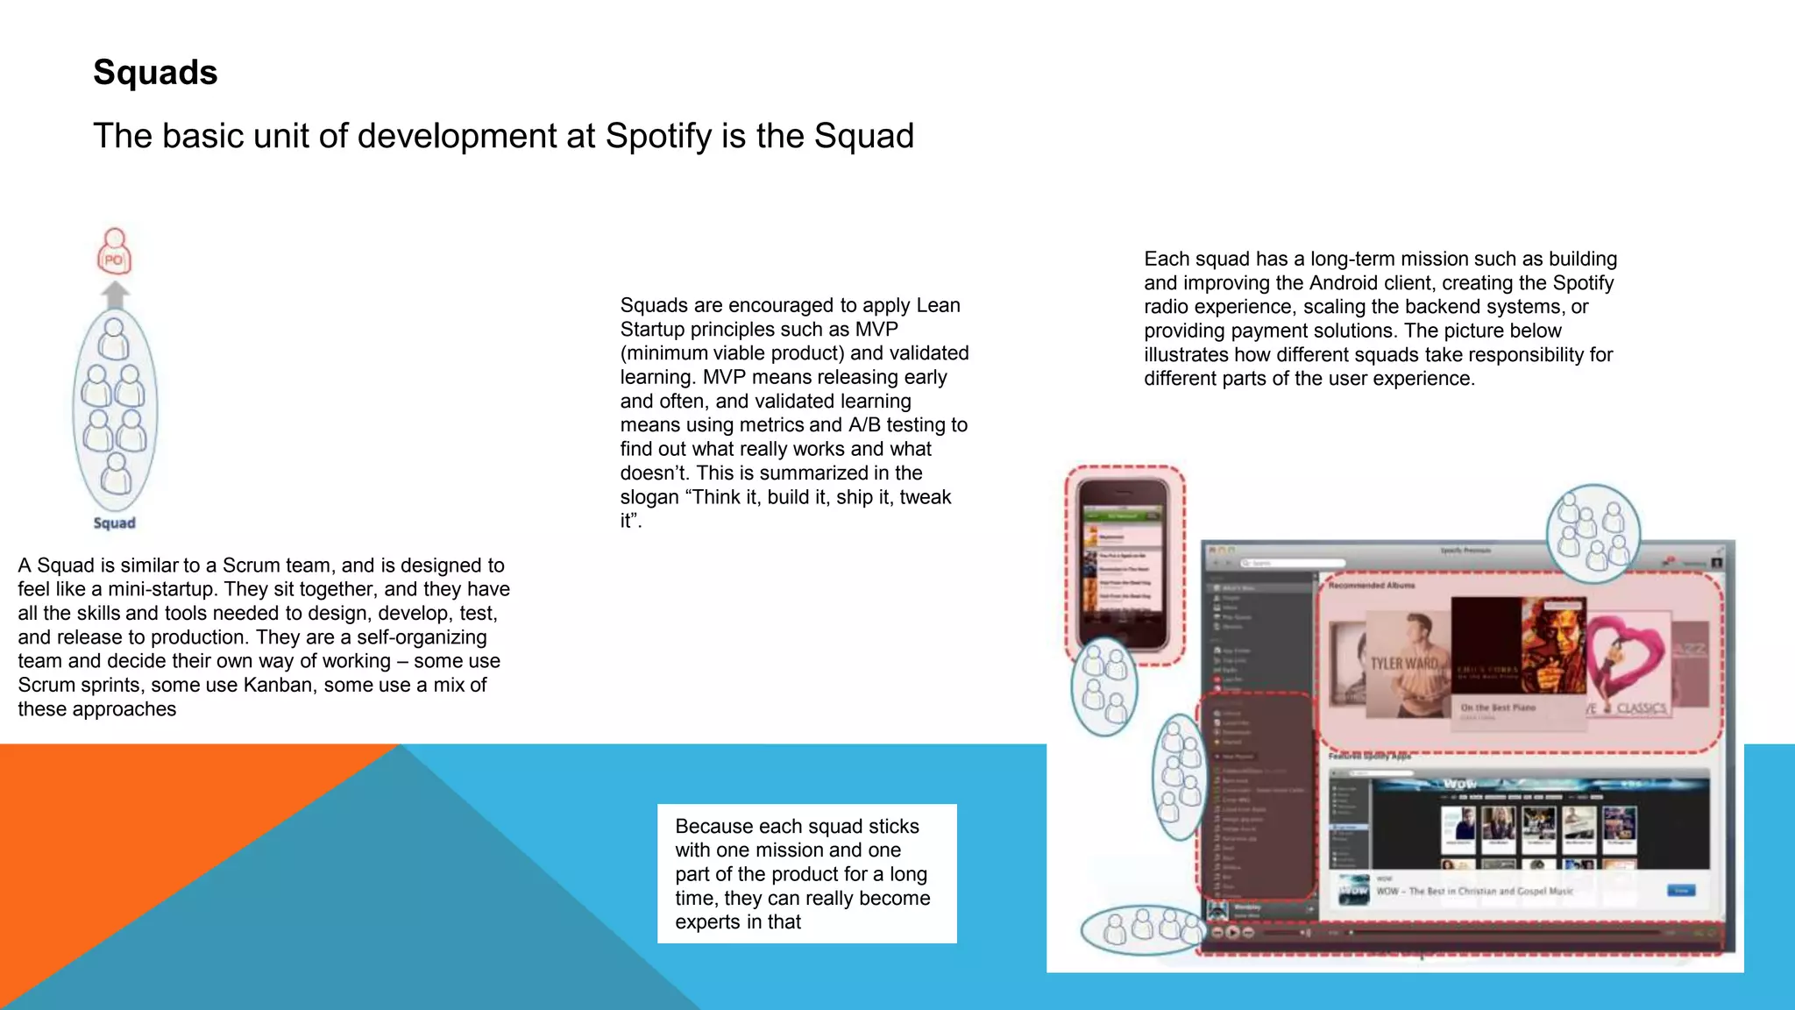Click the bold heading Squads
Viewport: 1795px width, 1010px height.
pyautogui.click(x=155, y=72)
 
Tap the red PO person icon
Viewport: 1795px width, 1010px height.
pyautogui.click(x=114, y=252)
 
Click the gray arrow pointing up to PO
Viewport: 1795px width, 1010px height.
pyautogui.click(x=115, y=295)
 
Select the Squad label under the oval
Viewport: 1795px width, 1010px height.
pyautogui.click(x=115, y=523)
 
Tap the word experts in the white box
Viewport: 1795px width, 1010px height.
pyautogui.click(x=707, y=922)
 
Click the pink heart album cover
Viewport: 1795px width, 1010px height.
pyautogui.click(x=1628, y=666)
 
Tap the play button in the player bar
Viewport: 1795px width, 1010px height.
pyautogui.click(x=1232, y=932)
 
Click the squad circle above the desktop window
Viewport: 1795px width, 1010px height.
pyautogui.click(x=1593, y=533)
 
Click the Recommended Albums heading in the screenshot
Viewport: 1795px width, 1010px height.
pyautogui.click(x=1371, y=585)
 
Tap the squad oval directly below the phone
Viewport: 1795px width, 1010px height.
pyautogui.click(x=1104, y=686)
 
